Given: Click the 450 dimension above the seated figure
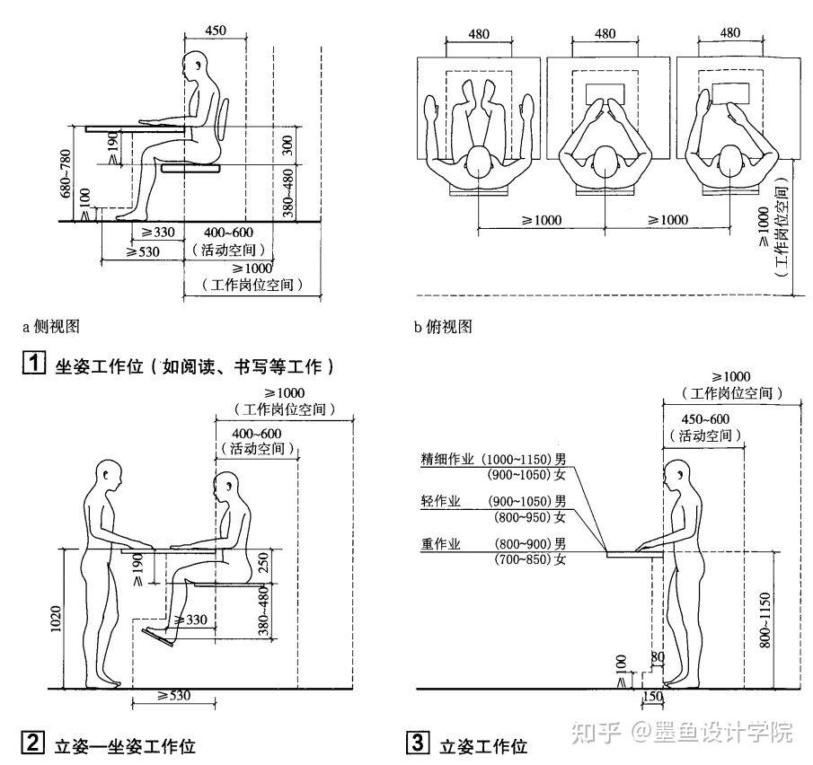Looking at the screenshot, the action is pos(216,30).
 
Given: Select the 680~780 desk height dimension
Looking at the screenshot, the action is pos(66,173).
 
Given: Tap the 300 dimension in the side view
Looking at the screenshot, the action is pos(287,145).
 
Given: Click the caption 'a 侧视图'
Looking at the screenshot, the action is pos(51,327).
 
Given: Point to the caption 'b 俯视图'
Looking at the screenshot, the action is pos(443,327).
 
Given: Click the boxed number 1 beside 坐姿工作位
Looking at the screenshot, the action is pos(34,362).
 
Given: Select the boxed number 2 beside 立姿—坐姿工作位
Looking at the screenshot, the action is pos(32,743).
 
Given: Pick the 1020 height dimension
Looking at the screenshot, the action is pos(56,619).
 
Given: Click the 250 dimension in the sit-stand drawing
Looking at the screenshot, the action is pos(263,563).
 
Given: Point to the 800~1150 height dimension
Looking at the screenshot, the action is pos(764,620).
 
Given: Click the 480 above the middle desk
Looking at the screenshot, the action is pos(605,34).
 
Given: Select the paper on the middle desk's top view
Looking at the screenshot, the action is pos(605,94).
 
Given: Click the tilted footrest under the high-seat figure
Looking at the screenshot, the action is pos(158,637).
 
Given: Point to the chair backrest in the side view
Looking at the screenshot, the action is pos(224,119).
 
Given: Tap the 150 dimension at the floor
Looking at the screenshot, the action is pos(653,696).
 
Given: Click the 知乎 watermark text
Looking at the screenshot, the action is pos(596,733).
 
